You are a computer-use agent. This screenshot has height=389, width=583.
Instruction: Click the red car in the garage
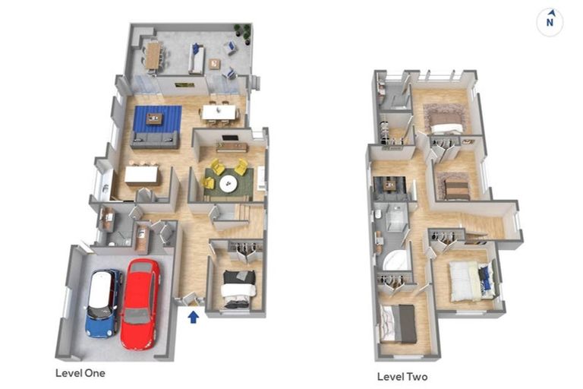tap(141, 304)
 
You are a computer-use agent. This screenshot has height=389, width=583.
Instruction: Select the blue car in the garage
tap(103, 303)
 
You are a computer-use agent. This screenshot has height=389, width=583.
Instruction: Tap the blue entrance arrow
tap(194, 317)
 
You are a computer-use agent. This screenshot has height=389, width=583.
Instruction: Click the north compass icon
tap(550, 22)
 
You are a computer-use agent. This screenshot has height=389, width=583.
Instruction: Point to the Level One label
tap(80, 373)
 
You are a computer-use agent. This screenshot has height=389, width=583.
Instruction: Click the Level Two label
tap(402, 377)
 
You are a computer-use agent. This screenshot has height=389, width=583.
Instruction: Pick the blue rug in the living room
tap(157, 119)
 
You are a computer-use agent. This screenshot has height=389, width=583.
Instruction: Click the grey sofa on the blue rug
tap(155, 140)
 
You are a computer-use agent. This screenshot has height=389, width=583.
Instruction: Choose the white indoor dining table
tap(219, 112)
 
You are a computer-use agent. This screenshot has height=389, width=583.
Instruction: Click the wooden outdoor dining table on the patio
tap(153, 55)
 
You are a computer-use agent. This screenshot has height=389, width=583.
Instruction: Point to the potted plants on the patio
tap(242, 33)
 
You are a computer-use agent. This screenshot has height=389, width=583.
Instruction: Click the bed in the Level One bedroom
tap(239, 289)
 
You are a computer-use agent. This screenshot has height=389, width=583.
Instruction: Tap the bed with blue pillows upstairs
tap(471, 281)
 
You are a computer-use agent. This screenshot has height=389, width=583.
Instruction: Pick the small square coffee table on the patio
tap(214, 64)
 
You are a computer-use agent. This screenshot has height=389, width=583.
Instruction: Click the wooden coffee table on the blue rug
tap(154, 119)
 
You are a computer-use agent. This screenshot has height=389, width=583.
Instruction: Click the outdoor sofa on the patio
tap(196, 59)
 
